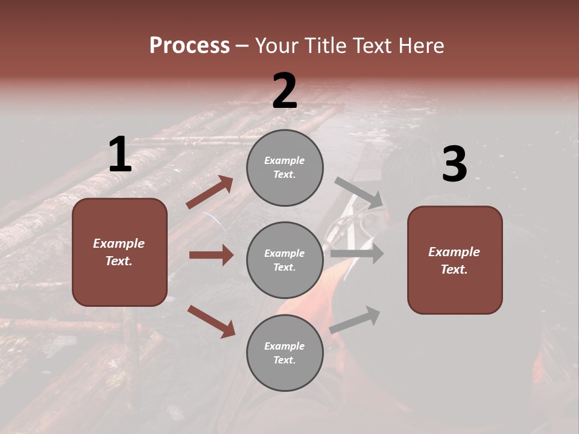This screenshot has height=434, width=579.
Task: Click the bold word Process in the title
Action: pos(189,46)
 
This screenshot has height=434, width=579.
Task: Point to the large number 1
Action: pos(120,155)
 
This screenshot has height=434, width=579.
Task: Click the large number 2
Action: pos(285,91)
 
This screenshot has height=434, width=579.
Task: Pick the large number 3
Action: pos(454,165)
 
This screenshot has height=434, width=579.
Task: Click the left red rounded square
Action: pos(119,252)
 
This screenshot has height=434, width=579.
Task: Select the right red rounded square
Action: pos(455,260)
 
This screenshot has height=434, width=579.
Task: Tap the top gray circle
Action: pos(285,168)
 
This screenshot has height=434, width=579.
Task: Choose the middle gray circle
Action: pos(285,260)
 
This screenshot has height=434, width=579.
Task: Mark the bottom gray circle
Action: pos(285,353)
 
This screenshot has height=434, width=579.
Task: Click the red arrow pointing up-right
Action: pos(210,192)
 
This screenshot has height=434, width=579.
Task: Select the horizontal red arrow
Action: pos(211,255)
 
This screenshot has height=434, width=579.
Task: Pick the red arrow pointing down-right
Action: pos(211,321)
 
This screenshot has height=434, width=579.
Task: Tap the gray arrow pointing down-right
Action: pos(359,193)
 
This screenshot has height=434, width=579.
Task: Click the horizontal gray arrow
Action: pos(356,254)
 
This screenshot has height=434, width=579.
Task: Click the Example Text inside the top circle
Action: pos(285,168)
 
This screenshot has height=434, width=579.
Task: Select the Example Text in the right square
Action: pos(454,260)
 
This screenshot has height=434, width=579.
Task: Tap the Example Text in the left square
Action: pos(119,252)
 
